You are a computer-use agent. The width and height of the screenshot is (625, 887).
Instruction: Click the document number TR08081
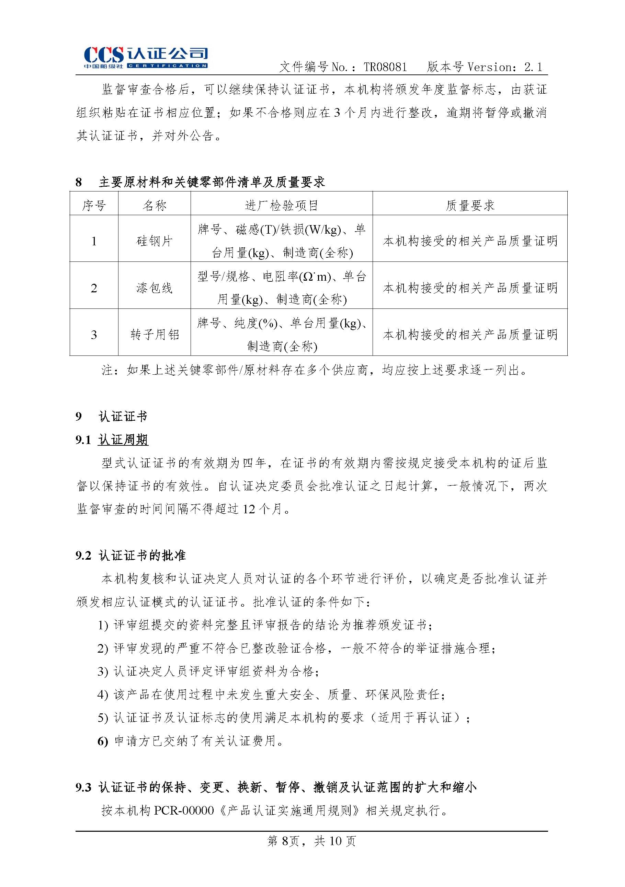pos(385,67)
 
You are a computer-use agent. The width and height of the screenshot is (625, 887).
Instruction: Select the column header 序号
pos(94,205)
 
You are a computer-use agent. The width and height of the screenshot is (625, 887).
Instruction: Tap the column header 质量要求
pos(470,205)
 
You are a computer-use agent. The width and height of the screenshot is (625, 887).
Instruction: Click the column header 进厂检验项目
pos(281,205)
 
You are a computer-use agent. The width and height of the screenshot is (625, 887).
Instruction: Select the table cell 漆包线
pos(154,288)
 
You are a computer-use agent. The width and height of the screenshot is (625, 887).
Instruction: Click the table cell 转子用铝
pos(154,335)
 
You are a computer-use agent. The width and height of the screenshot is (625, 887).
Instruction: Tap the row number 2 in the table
pos(94,288)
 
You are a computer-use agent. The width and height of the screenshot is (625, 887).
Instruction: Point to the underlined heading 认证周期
pos(123,440)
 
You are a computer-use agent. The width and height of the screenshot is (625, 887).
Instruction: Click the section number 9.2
pos(83,556)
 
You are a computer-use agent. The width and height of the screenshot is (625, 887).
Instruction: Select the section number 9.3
pos(83,787)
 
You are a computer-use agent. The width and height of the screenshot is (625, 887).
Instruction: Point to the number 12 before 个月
pos(249,509)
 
